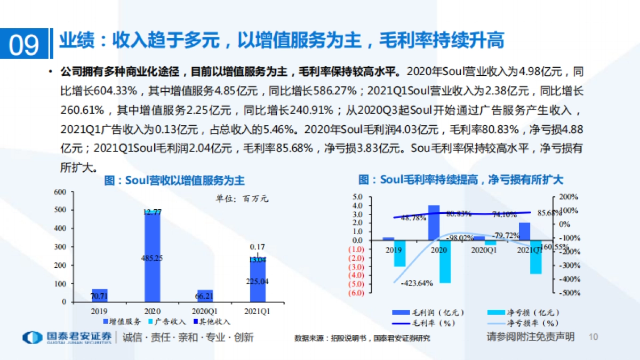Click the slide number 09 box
coord(25,44)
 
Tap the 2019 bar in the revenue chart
coord(99,295)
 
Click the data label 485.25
coord(152,258)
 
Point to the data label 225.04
coord(258,282)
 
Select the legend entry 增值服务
coord(122,322)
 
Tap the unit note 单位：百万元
coord(242,199)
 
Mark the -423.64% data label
coord(416,283)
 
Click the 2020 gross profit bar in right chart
coord(434,222)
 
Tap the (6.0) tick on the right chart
coord(355,292)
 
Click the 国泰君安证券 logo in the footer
coord(67,338)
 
